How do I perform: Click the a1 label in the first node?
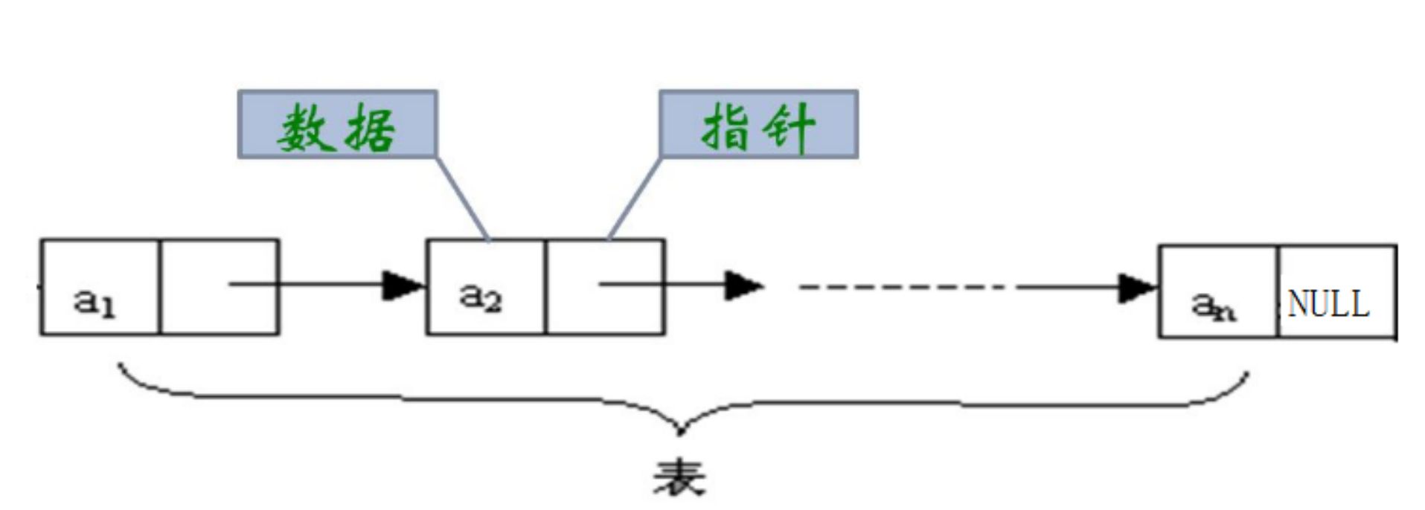tap(95, 301)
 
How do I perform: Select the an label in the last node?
tap(1213, 305)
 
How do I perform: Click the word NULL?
tap(1328, 303)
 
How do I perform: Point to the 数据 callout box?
tap(337, 124)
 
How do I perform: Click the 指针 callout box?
tap(758, 124)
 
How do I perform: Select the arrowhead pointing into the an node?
tap(1136, 288)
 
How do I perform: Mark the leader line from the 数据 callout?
tap(462, 198)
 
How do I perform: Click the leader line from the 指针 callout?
tap(634, 198)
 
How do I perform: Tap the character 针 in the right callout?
tap(790, 126)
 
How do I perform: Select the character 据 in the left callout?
tap(369, 126)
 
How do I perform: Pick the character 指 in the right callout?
tap(726, 126)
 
